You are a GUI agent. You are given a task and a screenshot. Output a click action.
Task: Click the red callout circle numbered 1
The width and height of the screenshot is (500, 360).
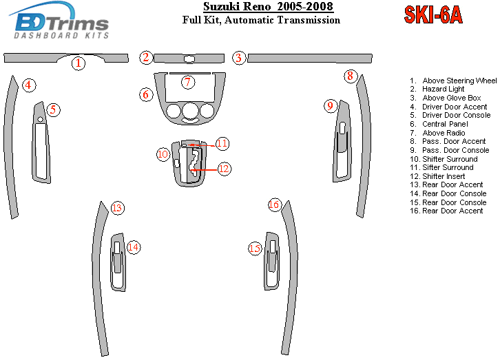point(79,64)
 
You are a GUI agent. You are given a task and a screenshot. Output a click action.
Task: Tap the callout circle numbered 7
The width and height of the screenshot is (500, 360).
point(187,82)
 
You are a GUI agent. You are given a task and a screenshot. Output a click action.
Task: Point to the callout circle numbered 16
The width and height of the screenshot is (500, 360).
point(275,204)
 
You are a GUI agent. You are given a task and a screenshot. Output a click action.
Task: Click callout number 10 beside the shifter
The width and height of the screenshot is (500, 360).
point(163,154)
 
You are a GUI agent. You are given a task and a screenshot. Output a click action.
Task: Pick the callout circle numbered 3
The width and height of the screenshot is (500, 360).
point(238,58)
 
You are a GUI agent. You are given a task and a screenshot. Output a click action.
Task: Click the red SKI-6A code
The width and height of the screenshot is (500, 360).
point(433,14)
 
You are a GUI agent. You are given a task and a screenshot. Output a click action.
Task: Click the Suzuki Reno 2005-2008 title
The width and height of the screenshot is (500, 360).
point(260,7)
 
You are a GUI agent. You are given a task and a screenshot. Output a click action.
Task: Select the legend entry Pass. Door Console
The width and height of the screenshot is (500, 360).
point(455,150)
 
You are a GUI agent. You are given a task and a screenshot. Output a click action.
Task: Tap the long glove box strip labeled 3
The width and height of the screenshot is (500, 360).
point(310,58)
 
